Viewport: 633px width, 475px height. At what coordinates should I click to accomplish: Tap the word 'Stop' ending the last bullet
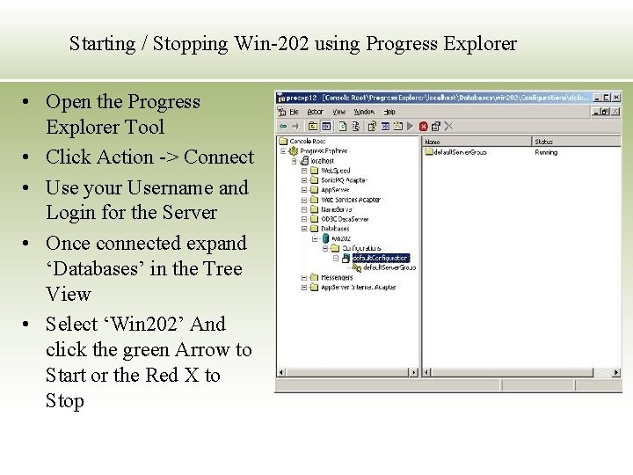(x=65, y=401)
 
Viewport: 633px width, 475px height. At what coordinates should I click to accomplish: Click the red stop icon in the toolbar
(x=424, y=127)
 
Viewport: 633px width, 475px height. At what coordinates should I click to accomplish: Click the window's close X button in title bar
(x=616, y=98)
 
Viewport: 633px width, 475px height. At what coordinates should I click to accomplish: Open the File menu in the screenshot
(x=294, y=113)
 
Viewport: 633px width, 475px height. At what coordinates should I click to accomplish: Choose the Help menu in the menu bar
(x=389, y=113)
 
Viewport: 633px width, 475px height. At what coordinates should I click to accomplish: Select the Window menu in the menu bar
(x=364, y=113)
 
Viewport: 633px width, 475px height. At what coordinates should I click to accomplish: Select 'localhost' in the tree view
(x=323, y=161)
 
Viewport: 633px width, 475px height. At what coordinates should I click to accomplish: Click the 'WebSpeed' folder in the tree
(x=335, y=171)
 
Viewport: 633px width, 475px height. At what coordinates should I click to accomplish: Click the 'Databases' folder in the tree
(x=335, y=229)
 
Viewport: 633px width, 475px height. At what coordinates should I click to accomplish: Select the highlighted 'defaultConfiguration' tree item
(x=380, y=258)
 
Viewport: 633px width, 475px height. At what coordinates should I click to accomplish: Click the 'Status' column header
(x=544, y=142)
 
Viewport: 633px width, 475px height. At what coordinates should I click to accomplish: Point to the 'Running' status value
(x=546, y=152)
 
